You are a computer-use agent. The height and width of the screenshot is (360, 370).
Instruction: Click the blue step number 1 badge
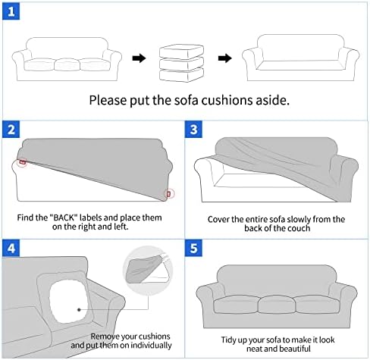(x=11, y=11)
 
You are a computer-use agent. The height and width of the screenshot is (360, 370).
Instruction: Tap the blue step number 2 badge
(x=11, y=130)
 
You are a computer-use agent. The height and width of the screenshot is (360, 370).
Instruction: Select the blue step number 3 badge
(x=193, y=130)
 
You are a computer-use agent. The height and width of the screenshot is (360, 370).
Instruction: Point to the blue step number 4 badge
(x=11, y=248)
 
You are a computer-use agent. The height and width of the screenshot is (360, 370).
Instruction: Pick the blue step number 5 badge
(x=193, y=248)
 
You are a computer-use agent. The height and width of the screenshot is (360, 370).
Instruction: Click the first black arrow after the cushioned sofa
(x=139, y=58)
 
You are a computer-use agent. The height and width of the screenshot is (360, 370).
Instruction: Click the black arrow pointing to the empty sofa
(x=225, y=58)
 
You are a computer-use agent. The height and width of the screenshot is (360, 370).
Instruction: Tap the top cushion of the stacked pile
(x=181, y=52)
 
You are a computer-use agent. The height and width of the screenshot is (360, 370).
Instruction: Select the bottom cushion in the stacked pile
(x=181, y=75)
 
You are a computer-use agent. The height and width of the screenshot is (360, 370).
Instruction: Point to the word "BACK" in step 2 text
(x=64, y=218)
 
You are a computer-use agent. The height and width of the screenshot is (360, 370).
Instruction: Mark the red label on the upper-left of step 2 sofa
(x=23, y=162)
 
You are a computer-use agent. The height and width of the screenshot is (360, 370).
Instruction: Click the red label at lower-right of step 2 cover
(x=169, y=194)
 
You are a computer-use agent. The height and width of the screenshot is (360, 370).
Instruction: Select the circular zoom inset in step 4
(x=148, y=271)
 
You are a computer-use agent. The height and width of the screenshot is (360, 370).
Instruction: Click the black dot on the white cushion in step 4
(x=79, y=309)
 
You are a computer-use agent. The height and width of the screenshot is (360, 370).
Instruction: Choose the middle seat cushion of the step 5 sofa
(x=277, y=304)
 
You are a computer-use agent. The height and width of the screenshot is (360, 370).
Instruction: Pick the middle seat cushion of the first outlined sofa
(x=67, y=64)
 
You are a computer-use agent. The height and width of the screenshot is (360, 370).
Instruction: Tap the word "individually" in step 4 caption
(x=151, y=346)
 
